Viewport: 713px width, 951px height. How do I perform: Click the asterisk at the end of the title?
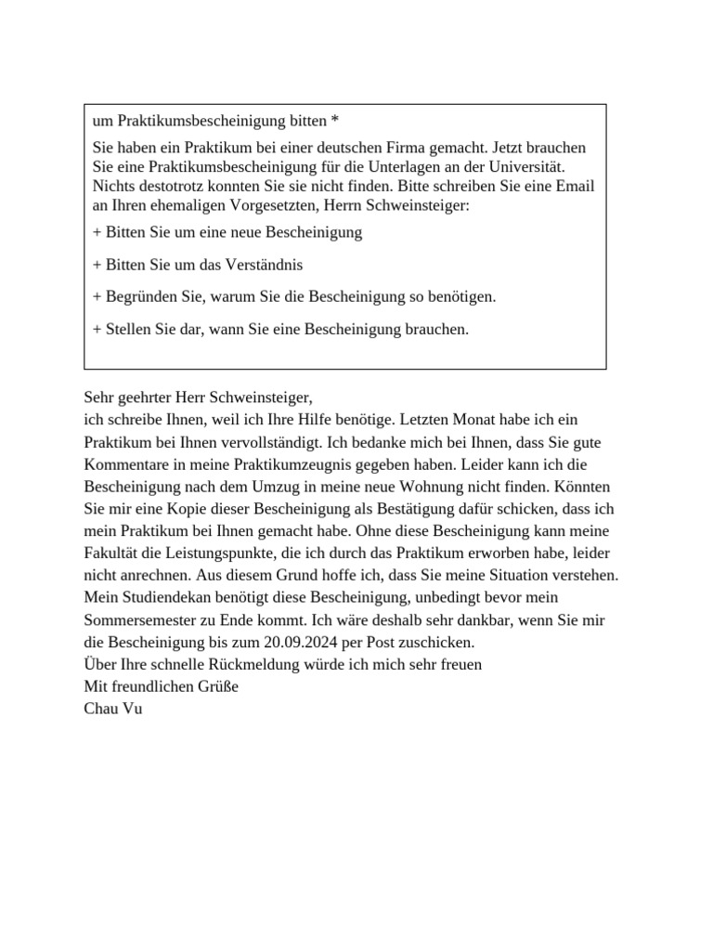pyautogui.click(x=335, y=122)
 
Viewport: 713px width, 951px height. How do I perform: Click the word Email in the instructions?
pyautogui.click(x=574, y=186)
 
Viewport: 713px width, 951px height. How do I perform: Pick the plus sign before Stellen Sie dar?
pyautogui.click(x=97, y=329)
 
